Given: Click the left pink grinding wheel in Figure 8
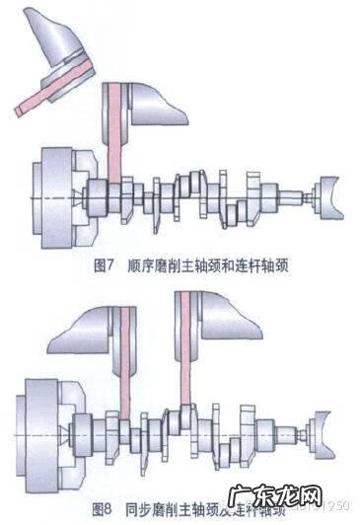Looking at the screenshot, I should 124,365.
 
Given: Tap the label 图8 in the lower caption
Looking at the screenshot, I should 103,508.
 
